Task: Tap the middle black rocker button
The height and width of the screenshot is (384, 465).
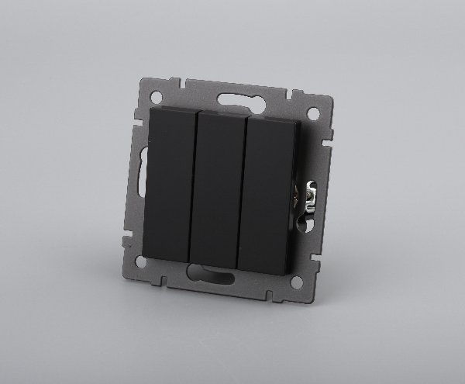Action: [216, 189]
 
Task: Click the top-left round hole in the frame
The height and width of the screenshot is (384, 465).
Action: [157, 97]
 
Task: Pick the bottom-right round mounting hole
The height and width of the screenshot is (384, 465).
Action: [295, 282]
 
